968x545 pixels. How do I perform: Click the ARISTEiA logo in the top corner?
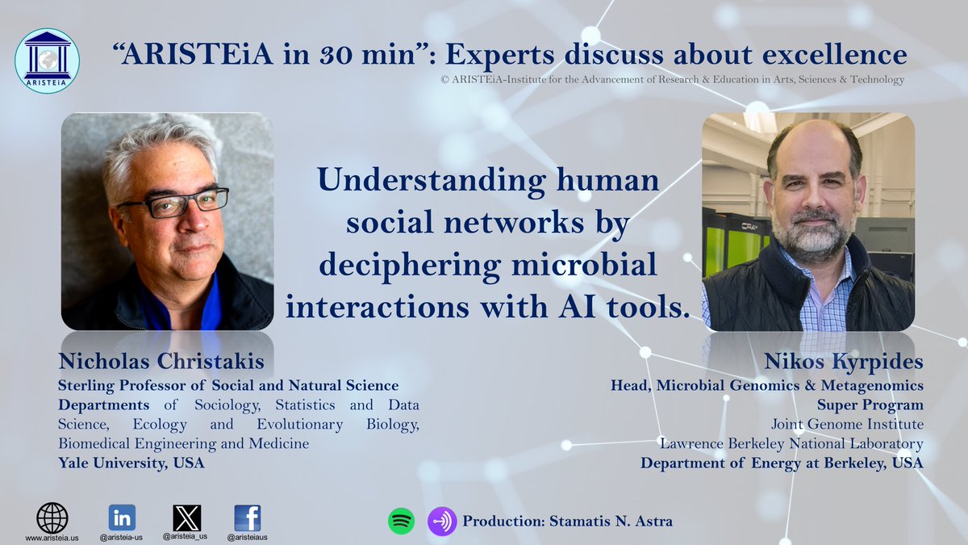(48, 61)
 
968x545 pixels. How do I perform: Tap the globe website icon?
(52, 518)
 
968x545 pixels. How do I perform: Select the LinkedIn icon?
(122, 518)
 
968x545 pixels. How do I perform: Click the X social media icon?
(187, 518)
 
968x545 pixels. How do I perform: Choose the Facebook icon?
(247, 518)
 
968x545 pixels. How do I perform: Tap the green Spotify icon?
(401, 521)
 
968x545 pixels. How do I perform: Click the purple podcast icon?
(441, 521)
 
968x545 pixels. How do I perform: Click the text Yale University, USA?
(131, 463)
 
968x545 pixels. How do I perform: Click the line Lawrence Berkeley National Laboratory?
(791, 443)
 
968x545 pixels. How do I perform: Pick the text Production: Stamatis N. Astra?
(567, 521)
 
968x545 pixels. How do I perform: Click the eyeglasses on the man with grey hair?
(173, 202)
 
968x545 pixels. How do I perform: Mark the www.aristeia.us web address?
(52, 538)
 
